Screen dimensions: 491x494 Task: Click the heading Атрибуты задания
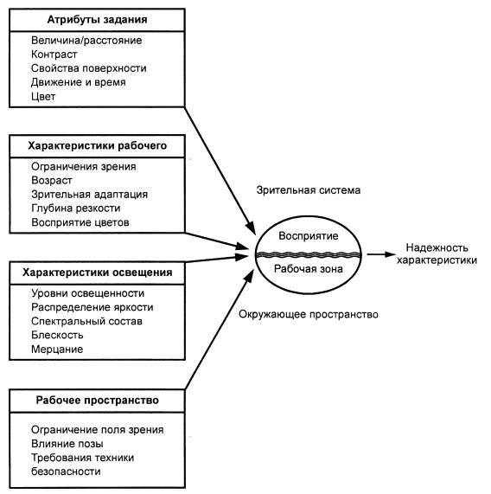[97, 20]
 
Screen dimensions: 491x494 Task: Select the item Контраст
[54, 55]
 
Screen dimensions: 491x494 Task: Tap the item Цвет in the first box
[43, 96]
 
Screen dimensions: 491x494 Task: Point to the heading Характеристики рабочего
[98, 146]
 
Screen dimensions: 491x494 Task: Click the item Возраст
[52, 181]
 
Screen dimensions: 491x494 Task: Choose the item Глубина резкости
[76, 209]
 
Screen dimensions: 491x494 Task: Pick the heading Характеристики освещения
[98, 273]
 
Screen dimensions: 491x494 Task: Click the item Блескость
[57, 335]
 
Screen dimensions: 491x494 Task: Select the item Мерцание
[57, 349]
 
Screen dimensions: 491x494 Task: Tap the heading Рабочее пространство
[98, 401]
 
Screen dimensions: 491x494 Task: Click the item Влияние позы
[67, 444]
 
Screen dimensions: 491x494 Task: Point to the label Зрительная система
[309, 190]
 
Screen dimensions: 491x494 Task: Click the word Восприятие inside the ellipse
[309, 236]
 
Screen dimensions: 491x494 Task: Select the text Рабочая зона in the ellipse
[309, 269]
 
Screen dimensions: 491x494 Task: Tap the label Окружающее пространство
[309, 314]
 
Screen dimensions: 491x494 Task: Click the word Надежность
[437, 247]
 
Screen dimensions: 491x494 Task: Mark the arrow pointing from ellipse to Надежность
[381, 254]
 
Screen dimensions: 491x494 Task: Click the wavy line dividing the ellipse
[309, 254]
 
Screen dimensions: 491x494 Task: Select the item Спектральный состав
[86, 321]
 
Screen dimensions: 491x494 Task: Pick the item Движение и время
[79, 82]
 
